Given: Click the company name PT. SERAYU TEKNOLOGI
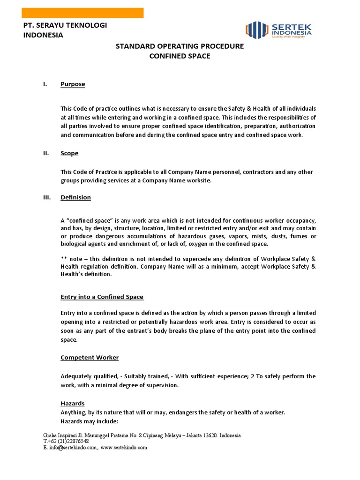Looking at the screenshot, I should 65,25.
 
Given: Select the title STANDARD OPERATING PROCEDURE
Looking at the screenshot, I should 180,46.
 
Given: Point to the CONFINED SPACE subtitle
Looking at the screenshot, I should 180,56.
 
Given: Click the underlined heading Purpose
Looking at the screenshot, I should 73,84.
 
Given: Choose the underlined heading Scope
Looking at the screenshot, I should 69,153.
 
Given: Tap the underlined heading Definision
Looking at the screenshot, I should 75,197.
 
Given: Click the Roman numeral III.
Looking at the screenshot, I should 47,197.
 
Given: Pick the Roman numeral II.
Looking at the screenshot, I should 46,153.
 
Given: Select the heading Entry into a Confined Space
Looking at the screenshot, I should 102,297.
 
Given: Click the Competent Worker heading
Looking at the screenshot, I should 90,358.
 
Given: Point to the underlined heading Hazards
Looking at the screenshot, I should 72,403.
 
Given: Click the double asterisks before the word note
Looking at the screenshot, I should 64,258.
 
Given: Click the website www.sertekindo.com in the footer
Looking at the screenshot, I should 124,448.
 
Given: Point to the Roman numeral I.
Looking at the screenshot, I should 45,84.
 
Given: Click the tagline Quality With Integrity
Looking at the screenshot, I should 289,37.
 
